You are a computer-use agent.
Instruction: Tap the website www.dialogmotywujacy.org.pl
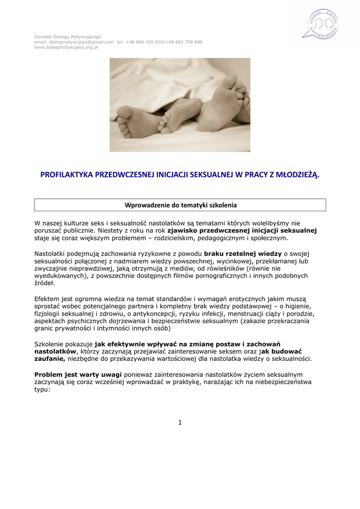(x=66, y=47)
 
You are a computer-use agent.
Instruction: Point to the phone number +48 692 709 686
(x=184, y=42)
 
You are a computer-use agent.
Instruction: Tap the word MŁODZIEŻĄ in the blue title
(x=294, y=174)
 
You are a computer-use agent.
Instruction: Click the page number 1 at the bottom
(x=180, y=423)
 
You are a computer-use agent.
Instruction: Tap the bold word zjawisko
(x=180, y=231)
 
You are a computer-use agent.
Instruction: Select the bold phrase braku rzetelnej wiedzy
(x=243, y=254)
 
